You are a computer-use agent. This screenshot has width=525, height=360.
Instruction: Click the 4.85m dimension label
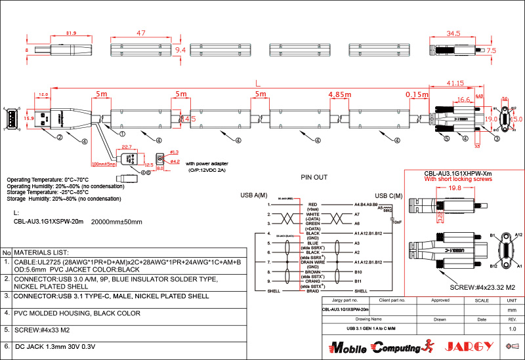tap(340, 94)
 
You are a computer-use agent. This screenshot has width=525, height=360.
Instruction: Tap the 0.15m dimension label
tap(417, 94)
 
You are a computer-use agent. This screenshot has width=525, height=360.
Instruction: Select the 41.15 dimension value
tap(455, 83)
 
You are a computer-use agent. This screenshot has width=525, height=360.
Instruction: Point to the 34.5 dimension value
tap(453, 33)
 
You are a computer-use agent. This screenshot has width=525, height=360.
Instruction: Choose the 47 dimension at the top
tap(140, 33)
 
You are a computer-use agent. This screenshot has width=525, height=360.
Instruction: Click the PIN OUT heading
tap(314, 177)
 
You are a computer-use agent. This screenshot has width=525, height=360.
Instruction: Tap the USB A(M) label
tap(254, 195)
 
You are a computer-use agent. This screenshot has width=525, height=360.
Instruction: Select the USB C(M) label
tap(388, 195)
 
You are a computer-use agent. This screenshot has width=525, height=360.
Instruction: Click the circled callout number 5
tap(446, 139)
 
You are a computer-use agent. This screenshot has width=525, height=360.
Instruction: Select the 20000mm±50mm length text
tap(116, 222)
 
